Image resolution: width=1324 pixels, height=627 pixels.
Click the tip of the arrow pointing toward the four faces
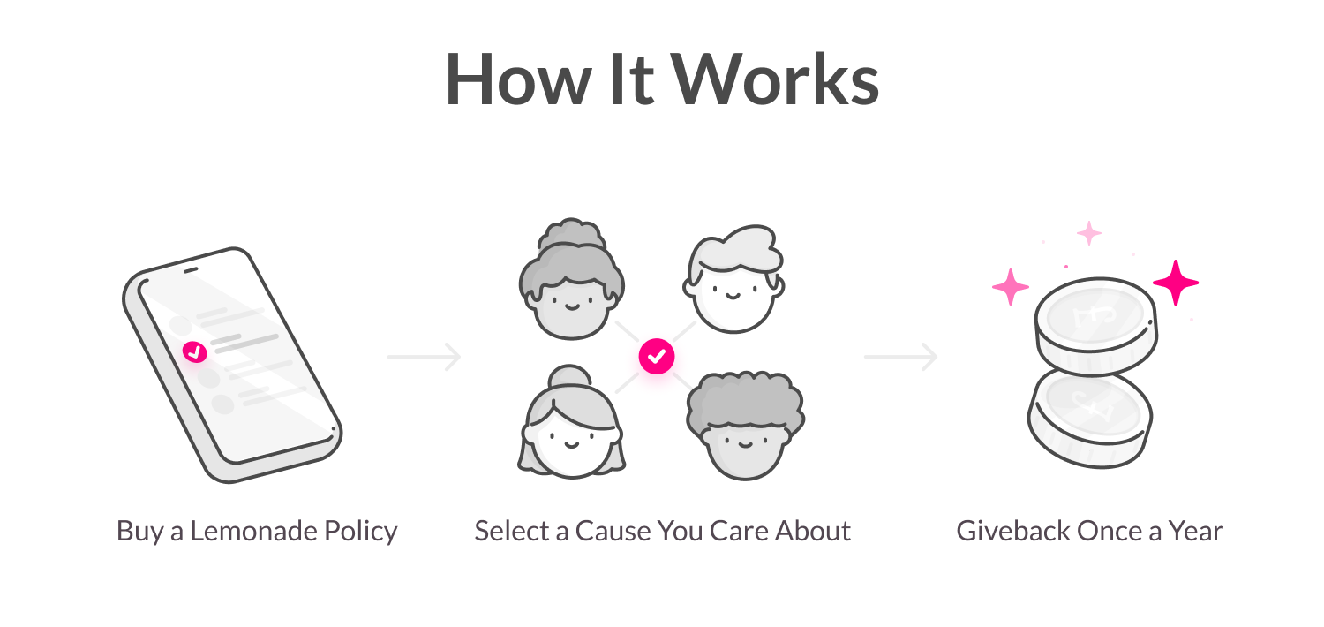coord(461,358)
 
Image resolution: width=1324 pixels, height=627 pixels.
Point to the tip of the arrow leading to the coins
coord(937,358)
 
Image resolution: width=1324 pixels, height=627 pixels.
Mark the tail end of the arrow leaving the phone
coord(387,358)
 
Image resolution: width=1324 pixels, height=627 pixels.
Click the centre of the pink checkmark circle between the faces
coord(657,357)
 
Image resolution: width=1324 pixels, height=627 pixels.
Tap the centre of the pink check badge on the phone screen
coord(194,352)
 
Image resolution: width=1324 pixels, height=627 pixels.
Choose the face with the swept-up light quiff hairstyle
coord(733,279)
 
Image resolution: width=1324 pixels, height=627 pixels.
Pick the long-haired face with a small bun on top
coord(571,422)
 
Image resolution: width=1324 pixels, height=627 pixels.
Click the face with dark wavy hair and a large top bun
coord(572,279)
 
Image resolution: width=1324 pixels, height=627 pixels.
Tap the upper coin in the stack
coord(1096,326)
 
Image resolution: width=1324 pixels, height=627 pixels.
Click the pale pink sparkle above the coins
coord(1088,233)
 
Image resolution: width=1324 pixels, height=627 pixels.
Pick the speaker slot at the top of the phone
coord(191,269)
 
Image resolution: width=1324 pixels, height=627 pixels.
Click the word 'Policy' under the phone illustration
coord(360,531)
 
